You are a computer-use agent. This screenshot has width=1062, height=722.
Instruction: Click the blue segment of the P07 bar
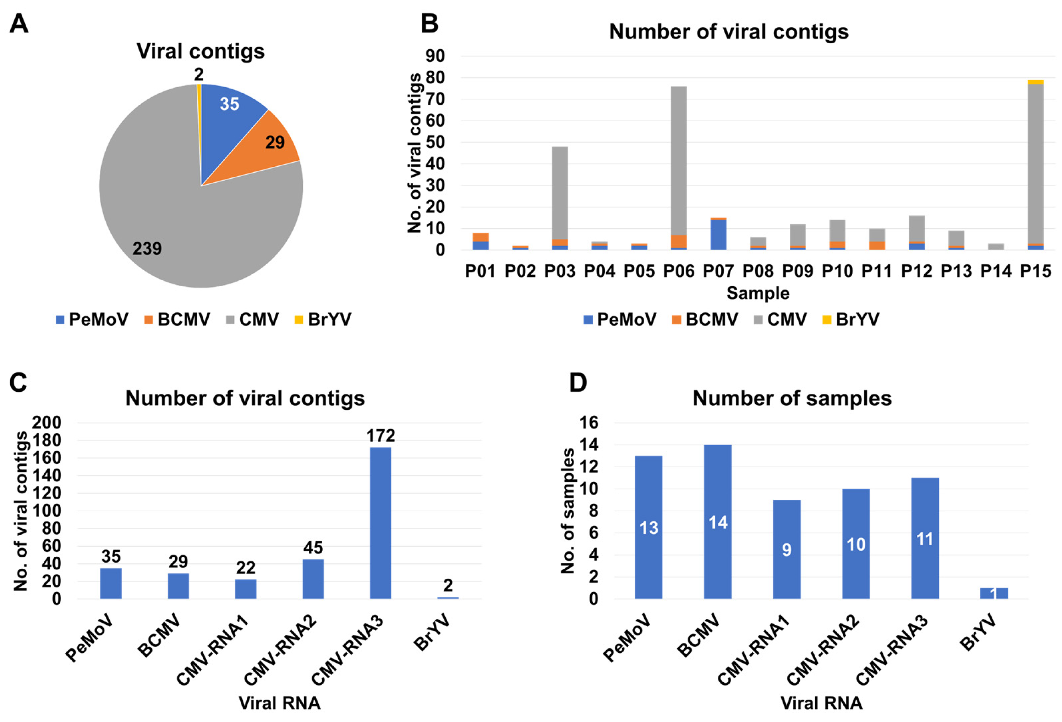[x=718, y=235]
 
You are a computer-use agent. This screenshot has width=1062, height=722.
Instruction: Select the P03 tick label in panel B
[x=559, y=272]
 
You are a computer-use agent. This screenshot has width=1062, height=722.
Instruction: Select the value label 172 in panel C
[x=381, y=436]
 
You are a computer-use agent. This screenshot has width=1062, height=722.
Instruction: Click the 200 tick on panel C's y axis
[x=46, y=423]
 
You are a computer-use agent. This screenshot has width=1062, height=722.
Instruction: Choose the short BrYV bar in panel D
[x=994, y=593]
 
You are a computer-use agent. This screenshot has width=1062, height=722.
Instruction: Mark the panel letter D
[x=577, y=383]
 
